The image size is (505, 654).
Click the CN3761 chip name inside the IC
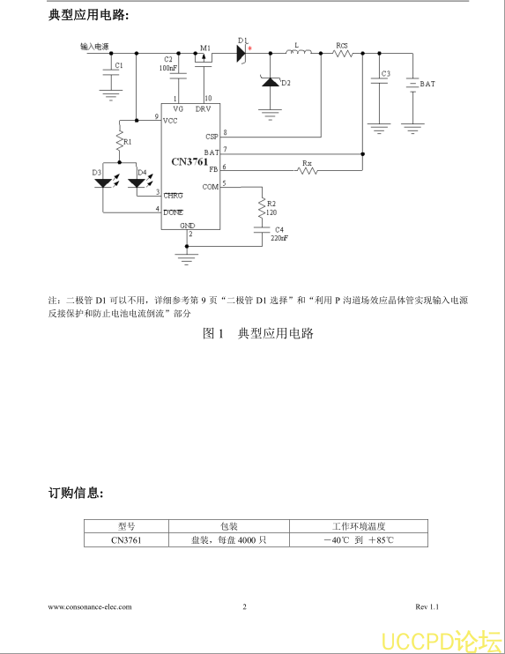point(189,161)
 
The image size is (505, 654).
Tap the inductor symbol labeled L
point(299,51)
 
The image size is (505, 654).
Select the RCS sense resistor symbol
point(343,54)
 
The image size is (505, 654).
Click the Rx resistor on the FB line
point(307,170)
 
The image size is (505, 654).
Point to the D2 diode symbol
point(271,81)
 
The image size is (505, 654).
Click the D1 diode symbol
point(241,54)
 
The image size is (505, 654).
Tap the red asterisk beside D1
point(249,48)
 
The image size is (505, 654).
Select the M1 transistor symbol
point(204,59)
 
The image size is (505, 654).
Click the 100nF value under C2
point(168,68)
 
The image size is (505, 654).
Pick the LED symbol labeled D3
point(103,182)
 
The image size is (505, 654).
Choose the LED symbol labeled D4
point(137,182)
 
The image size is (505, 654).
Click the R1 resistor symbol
point(120,140)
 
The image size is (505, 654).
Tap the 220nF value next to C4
point(279,238)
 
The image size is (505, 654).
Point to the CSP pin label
point(212,137)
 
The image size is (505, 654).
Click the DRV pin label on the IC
point(203,109)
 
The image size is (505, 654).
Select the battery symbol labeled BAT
point(412,85)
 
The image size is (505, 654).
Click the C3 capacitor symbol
point(379,80)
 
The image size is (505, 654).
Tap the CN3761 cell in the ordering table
point(126,540)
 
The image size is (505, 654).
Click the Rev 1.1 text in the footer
point(427,607)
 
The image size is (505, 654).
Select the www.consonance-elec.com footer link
point(90,607)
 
